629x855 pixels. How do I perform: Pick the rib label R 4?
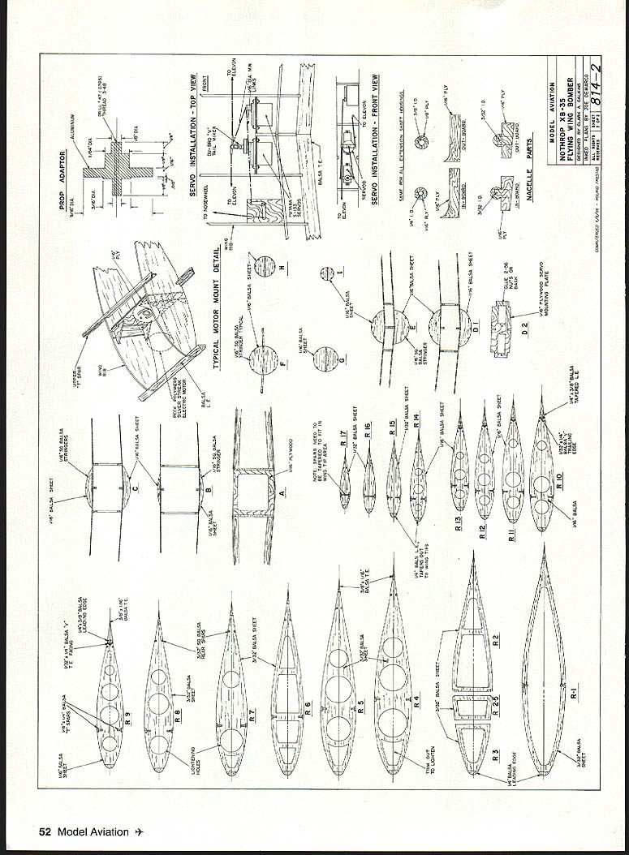tap(416, 701)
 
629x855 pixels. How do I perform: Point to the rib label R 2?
tap(494, 640)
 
